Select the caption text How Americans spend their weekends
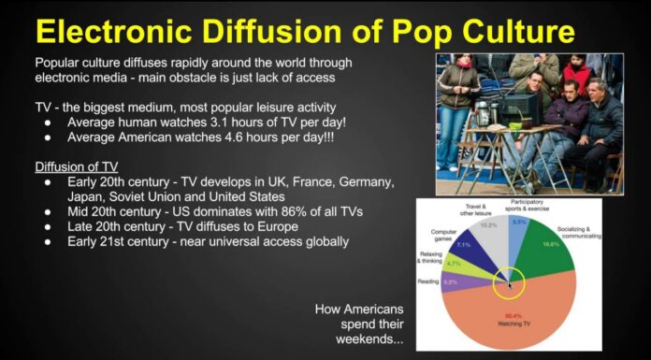tap(361, 323)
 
